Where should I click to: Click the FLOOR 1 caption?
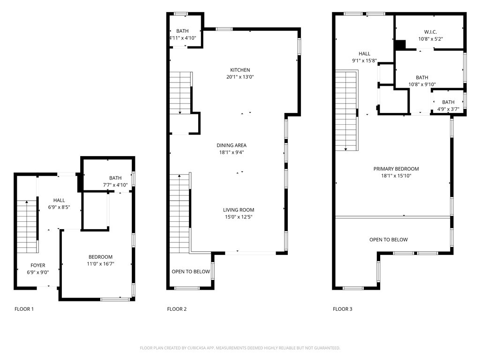click(x=24, y=309)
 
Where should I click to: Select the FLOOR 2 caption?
click(x=177, y=309)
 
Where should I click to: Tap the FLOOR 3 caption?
click(x=343, y=309)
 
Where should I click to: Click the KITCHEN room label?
click(x=240, y=70)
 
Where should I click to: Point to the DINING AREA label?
click(x=232, y=145)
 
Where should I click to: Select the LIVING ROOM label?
click(x=239, y=210)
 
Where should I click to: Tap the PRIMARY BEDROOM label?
click(x=396, y=169)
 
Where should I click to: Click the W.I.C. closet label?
click(x=430, y=32)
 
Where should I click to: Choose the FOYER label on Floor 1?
click(x=37, y=265)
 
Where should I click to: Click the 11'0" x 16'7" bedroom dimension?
click(x=100, y=264)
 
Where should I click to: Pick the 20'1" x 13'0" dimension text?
click(x=240, y=77)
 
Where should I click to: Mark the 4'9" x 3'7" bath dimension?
click(x=448, y=109)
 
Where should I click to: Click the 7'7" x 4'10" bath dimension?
click(x=115, y=185)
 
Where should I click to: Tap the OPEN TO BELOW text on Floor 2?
click(x=191, y=271)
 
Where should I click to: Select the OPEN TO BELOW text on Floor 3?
click(x=389, y=240)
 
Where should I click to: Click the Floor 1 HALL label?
click(x=59, y=200)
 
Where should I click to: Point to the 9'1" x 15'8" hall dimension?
click(x=364, y=60)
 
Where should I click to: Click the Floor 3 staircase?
click(x=346, y=111)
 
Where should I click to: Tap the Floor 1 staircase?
click(x=27, y=226)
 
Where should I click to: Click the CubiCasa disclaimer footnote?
click(x=240, y=348)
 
